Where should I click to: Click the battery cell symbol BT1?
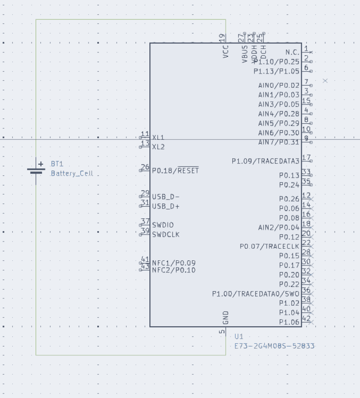point(36,168)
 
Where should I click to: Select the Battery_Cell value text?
point(72,174)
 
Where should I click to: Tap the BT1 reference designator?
point(57,164)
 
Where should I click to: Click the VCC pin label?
point(226,52)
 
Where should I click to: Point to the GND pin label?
point(226,318)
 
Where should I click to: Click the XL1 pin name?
point(158,138)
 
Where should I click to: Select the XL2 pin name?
point(158,147)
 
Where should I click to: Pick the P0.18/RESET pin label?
point(175,171)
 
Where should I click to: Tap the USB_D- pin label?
point(166,197)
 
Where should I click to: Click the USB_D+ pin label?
point(166,207)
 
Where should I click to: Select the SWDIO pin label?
point(163,225)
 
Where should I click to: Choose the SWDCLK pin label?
point(166,234)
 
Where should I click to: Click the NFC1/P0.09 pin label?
point(174,263)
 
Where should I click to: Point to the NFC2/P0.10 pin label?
point(174,270)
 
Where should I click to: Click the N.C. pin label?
point(292,53)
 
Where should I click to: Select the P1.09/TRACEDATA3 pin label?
point(265,161)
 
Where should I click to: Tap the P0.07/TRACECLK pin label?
point(269,247)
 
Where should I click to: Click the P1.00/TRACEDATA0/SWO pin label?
point(255,294)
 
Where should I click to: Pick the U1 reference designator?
point(239,337)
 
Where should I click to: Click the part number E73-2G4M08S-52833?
point(274,346)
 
